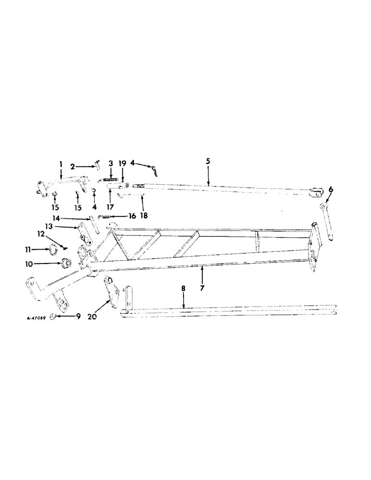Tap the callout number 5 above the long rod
click(x=208, y=162)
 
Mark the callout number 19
click(x=122, y=163)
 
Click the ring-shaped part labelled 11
click(x=55, y=249)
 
